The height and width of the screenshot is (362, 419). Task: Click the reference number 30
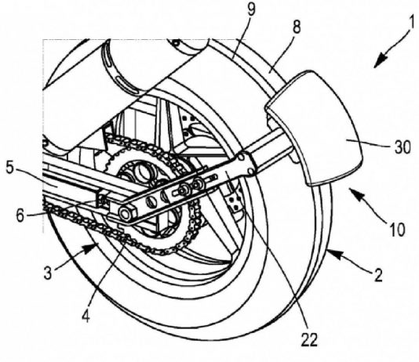click(403, 147)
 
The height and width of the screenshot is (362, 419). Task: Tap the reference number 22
click(309, 339)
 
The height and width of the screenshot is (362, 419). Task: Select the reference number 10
click(397, 229)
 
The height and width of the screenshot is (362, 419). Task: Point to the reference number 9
click(251, 9)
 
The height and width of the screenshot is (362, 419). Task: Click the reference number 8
click(297, 27)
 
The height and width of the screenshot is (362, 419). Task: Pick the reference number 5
click(9, 168)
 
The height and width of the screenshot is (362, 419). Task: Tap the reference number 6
click(20, 215)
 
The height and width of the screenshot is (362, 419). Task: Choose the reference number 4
click(86, 316)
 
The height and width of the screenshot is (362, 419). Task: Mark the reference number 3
click(48, 273)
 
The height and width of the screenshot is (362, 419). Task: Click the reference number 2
click(378, 275)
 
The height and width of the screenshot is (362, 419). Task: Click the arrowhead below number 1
click(381, 60)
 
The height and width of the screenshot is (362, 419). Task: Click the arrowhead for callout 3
click(91, 248)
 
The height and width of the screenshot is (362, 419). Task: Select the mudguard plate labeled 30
click(315, 128)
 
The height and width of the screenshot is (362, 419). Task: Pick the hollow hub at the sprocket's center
click(141, 170)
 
